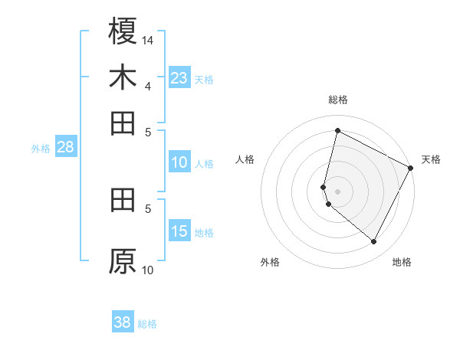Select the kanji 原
point(123,261)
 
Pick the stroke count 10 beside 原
point(148,270)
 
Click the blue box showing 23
point(179,77)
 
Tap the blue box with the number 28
point(65,147)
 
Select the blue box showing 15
point(179,231)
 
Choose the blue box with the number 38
point(123,322)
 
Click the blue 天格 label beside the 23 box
point(204,79)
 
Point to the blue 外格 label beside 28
point(41,149)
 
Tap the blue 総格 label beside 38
point(147,324)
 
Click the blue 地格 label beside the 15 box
point(204,233)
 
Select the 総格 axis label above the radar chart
point(337,100)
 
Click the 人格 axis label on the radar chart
point(245,159)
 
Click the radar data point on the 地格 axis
point(374,242)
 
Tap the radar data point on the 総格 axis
point(337,131)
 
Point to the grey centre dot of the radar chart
point(337,191)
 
